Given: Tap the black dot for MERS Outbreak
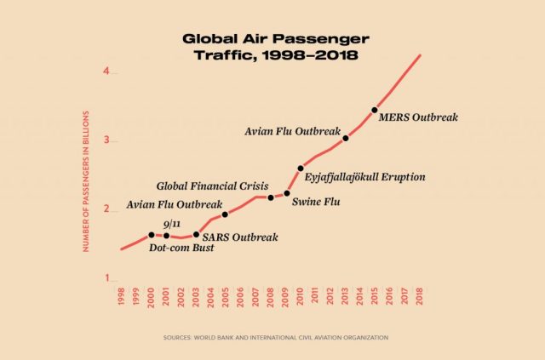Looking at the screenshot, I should pyautogui.click(x=375, y=110).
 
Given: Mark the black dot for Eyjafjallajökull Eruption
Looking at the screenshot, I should pyautogui.click(x=301, y=169).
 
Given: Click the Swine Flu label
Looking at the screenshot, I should pyautogui.click(x=317, y=203).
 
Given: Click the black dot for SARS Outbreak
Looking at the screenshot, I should pyautogui.click(x=197, y=234).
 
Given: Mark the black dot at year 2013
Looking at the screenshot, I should pyautogui.click(x=346, y=138).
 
